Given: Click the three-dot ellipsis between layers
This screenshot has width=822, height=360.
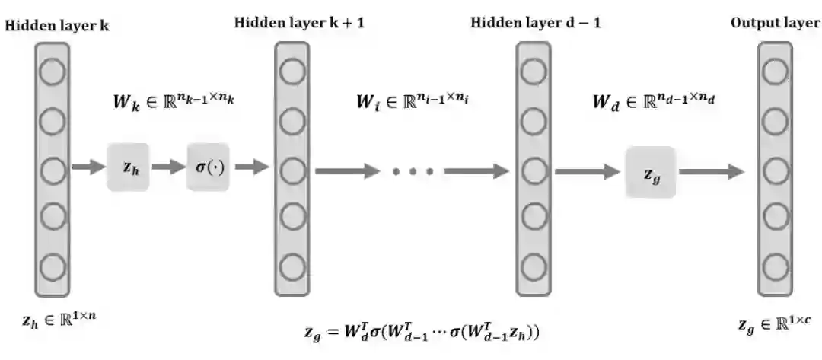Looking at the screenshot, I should [x=413, y=172].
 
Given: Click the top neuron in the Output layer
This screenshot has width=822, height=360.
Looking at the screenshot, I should [x=775, y=72].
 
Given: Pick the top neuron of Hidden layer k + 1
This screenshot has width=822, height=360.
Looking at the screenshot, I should [x=292, y=72].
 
